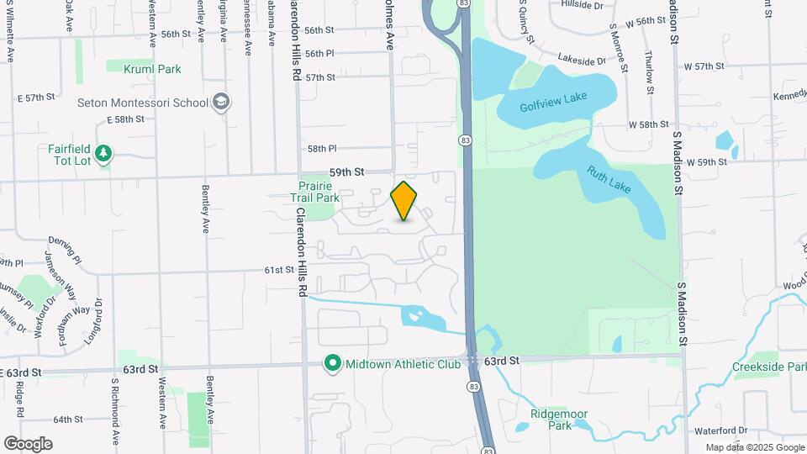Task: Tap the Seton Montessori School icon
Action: point(221,103)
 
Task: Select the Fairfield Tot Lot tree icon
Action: point(103,154)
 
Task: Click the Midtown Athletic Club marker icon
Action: point(333,364)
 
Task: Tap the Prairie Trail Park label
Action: point(315,193)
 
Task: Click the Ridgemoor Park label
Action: point(558,420)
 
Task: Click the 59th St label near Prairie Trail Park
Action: point(346,172)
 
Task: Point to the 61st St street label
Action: point(278,270)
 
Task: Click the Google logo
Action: point(28,443)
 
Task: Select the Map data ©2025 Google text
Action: point(754,447)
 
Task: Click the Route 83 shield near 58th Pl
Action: point(465,140)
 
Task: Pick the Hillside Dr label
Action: point(582,5)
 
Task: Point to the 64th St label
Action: point(66,419)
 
